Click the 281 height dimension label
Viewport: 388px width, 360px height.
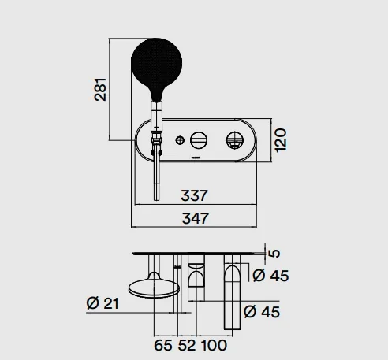tap(100, 89)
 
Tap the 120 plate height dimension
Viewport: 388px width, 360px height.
tap(281, 139)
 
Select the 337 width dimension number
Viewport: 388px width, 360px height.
tap(195, 195)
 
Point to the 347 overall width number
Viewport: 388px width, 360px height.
tap(196, 218)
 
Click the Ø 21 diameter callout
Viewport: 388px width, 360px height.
tap(103, 303)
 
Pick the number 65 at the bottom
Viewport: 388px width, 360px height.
tap(163, 345)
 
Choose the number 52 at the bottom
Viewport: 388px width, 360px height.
tap(187, 345)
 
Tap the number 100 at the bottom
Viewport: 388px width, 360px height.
tap(214, 345)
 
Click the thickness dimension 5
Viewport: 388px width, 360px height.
tap(274, 253)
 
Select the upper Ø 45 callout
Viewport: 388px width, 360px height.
tap(270, 276)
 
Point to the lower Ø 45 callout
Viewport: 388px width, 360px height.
tap(262, 312)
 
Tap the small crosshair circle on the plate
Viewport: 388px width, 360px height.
tap(180, 140)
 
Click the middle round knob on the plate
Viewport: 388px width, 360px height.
tap(199, 140)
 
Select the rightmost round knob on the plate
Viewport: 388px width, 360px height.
tap(235, 140)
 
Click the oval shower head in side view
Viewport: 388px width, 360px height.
tap(154, 288)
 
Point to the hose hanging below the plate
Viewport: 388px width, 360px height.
tap(156, 176)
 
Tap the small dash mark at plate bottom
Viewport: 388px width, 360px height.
tap(196, 158)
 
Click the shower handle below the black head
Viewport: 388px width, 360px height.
tap(157, 117)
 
